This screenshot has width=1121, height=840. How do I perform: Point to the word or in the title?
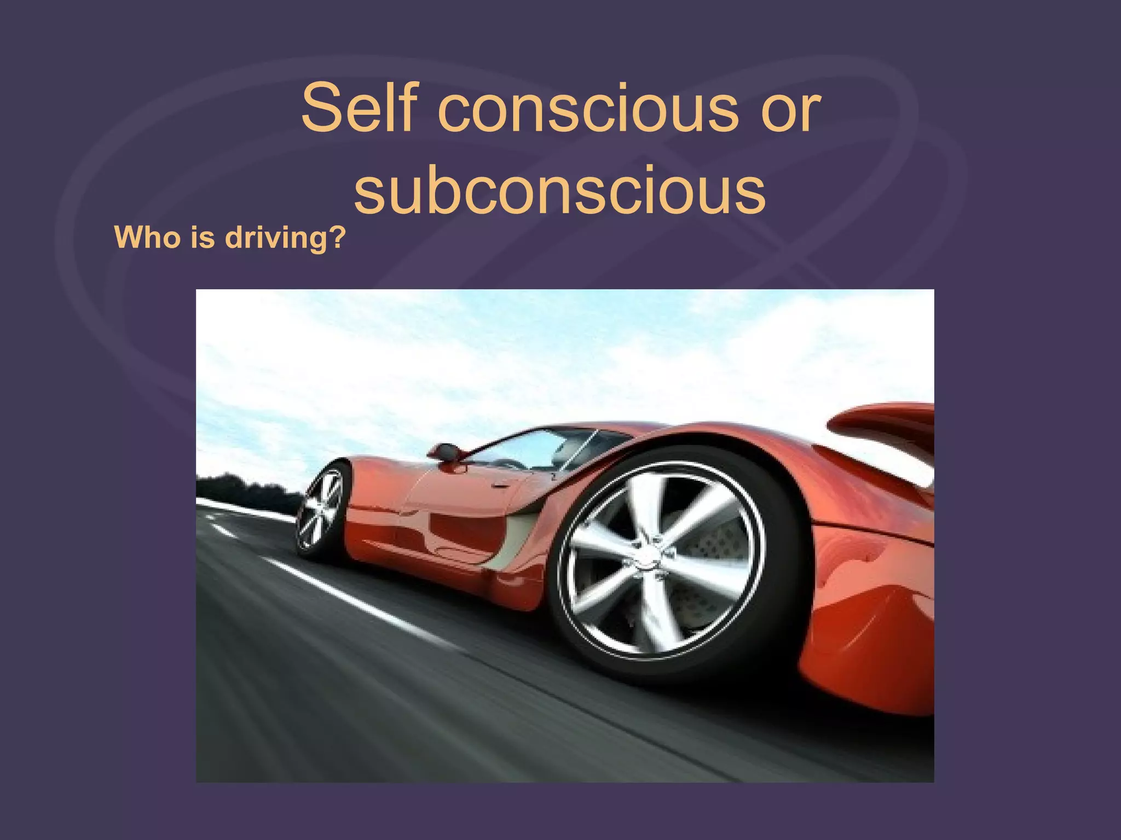[x=790, y=108]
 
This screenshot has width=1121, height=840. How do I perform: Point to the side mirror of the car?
[x=444, y=453]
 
